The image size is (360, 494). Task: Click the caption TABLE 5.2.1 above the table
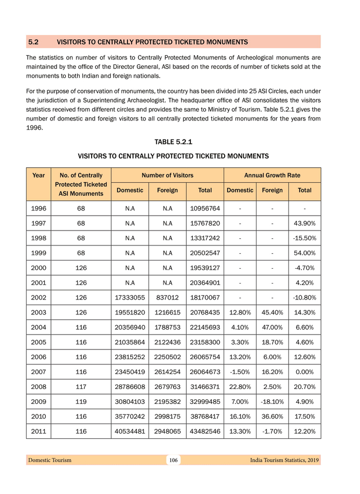(173, 142)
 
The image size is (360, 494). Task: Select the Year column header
(38, 175)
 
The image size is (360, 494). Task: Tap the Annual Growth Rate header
(272, 175)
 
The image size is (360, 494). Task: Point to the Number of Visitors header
(167, 175)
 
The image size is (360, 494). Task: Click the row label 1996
(38, 208)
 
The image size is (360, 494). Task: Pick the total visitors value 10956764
(205, 208)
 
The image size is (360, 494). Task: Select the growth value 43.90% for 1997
(304, 223)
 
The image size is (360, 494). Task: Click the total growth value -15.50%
(304, 238)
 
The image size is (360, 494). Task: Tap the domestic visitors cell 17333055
(130, 297)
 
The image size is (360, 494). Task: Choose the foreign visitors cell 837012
(168, 297)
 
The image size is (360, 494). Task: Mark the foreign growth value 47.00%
(272, 327)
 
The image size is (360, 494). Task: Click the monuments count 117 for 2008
(81, 387)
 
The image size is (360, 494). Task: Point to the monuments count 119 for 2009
(81, 402)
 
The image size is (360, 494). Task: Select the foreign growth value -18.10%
(272, 402)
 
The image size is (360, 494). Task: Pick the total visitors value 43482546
(205, 431)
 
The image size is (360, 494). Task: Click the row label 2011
(38, 431)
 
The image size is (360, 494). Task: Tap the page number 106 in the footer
(173, 460)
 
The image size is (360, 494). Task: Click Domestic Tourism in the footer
(50, 460)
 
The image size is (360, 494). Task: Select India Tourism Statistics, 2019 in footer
(284, 460)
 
